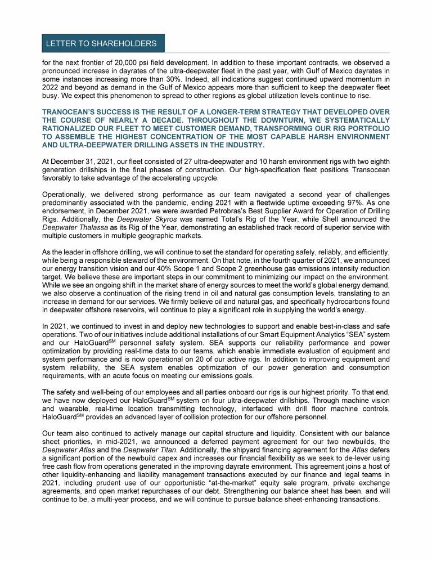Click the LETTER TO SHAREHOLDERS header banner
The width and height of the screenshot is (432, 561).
[x=101, y=43]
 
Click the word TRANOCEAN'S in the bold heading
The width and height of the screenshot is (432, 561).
[x=69, y=113]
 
